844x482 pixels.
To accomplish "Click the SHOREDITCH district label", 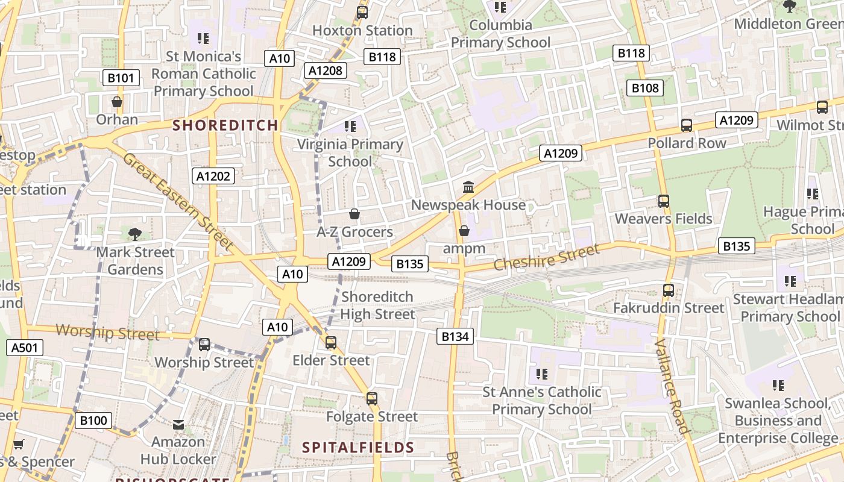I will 225,125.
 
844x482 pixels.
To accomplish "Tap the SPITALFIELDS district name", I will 358,447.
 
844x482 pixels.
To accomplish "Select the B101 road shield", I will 121,78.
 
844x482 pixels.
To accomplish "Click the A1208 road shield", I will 325,70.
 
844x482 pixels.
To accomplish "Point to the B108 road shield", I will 645,89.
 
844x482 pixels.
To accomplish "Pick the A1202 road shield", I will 213,176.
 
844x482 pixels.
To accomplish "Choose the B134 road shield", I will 455,336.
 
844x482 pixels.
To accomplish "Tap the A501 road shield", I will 25,347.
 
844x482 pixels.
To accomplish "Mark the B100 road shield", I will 93,420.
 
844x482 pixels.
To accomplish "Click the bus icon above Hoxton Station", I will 362,12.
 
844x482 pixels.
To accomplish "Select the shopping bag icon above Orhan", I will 117,102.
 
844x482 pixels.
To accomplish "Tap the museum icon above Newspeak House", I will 468,187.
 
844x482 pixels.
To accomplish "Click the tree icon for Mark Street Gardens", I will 135,234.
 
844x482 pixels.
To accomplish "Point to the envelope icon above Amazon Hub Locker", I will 178,425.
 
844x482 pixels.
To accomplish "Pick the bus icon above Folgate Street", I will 372,398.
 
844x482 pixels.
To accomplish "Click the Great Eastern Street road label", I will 178,201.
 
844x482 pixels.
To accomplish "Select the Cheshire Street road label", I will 547,257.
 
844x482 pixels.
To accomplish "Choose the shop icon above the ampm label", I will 464,231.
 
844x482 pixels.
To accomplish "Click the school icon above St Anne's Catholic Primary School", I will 541,374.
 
